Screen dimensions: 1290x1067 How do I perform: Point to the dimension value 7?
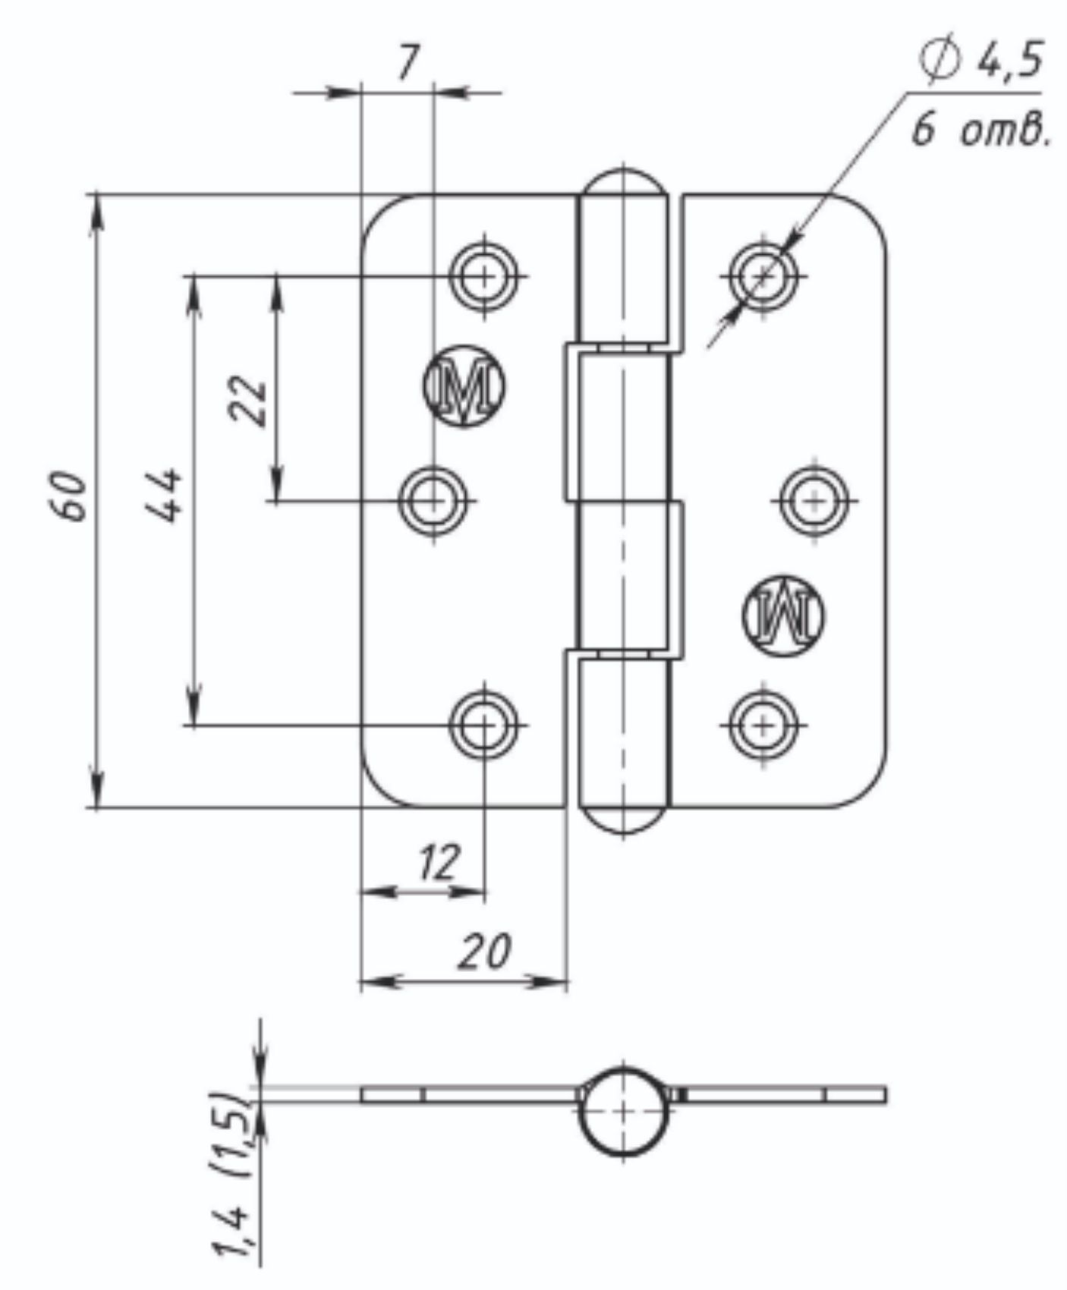coord(408,62)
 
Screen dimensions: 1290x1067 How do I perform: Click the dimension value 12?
coord(438,863)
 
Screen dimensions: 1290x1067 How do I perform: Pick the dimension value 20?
coord(484,951)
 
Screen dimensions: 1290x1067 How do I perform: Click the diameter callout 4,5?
coord(984,59)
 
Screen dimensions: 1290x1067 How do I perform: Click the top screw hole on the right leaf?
coord(763,276)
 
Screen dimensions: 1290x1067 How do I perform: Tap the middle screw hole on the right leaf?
coord(814,501)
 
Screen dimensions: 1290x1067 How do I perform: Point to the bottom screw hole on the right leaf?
coord(763,725)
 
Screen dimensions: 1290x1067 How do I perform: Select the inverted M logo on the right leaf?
coord(783,615)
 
